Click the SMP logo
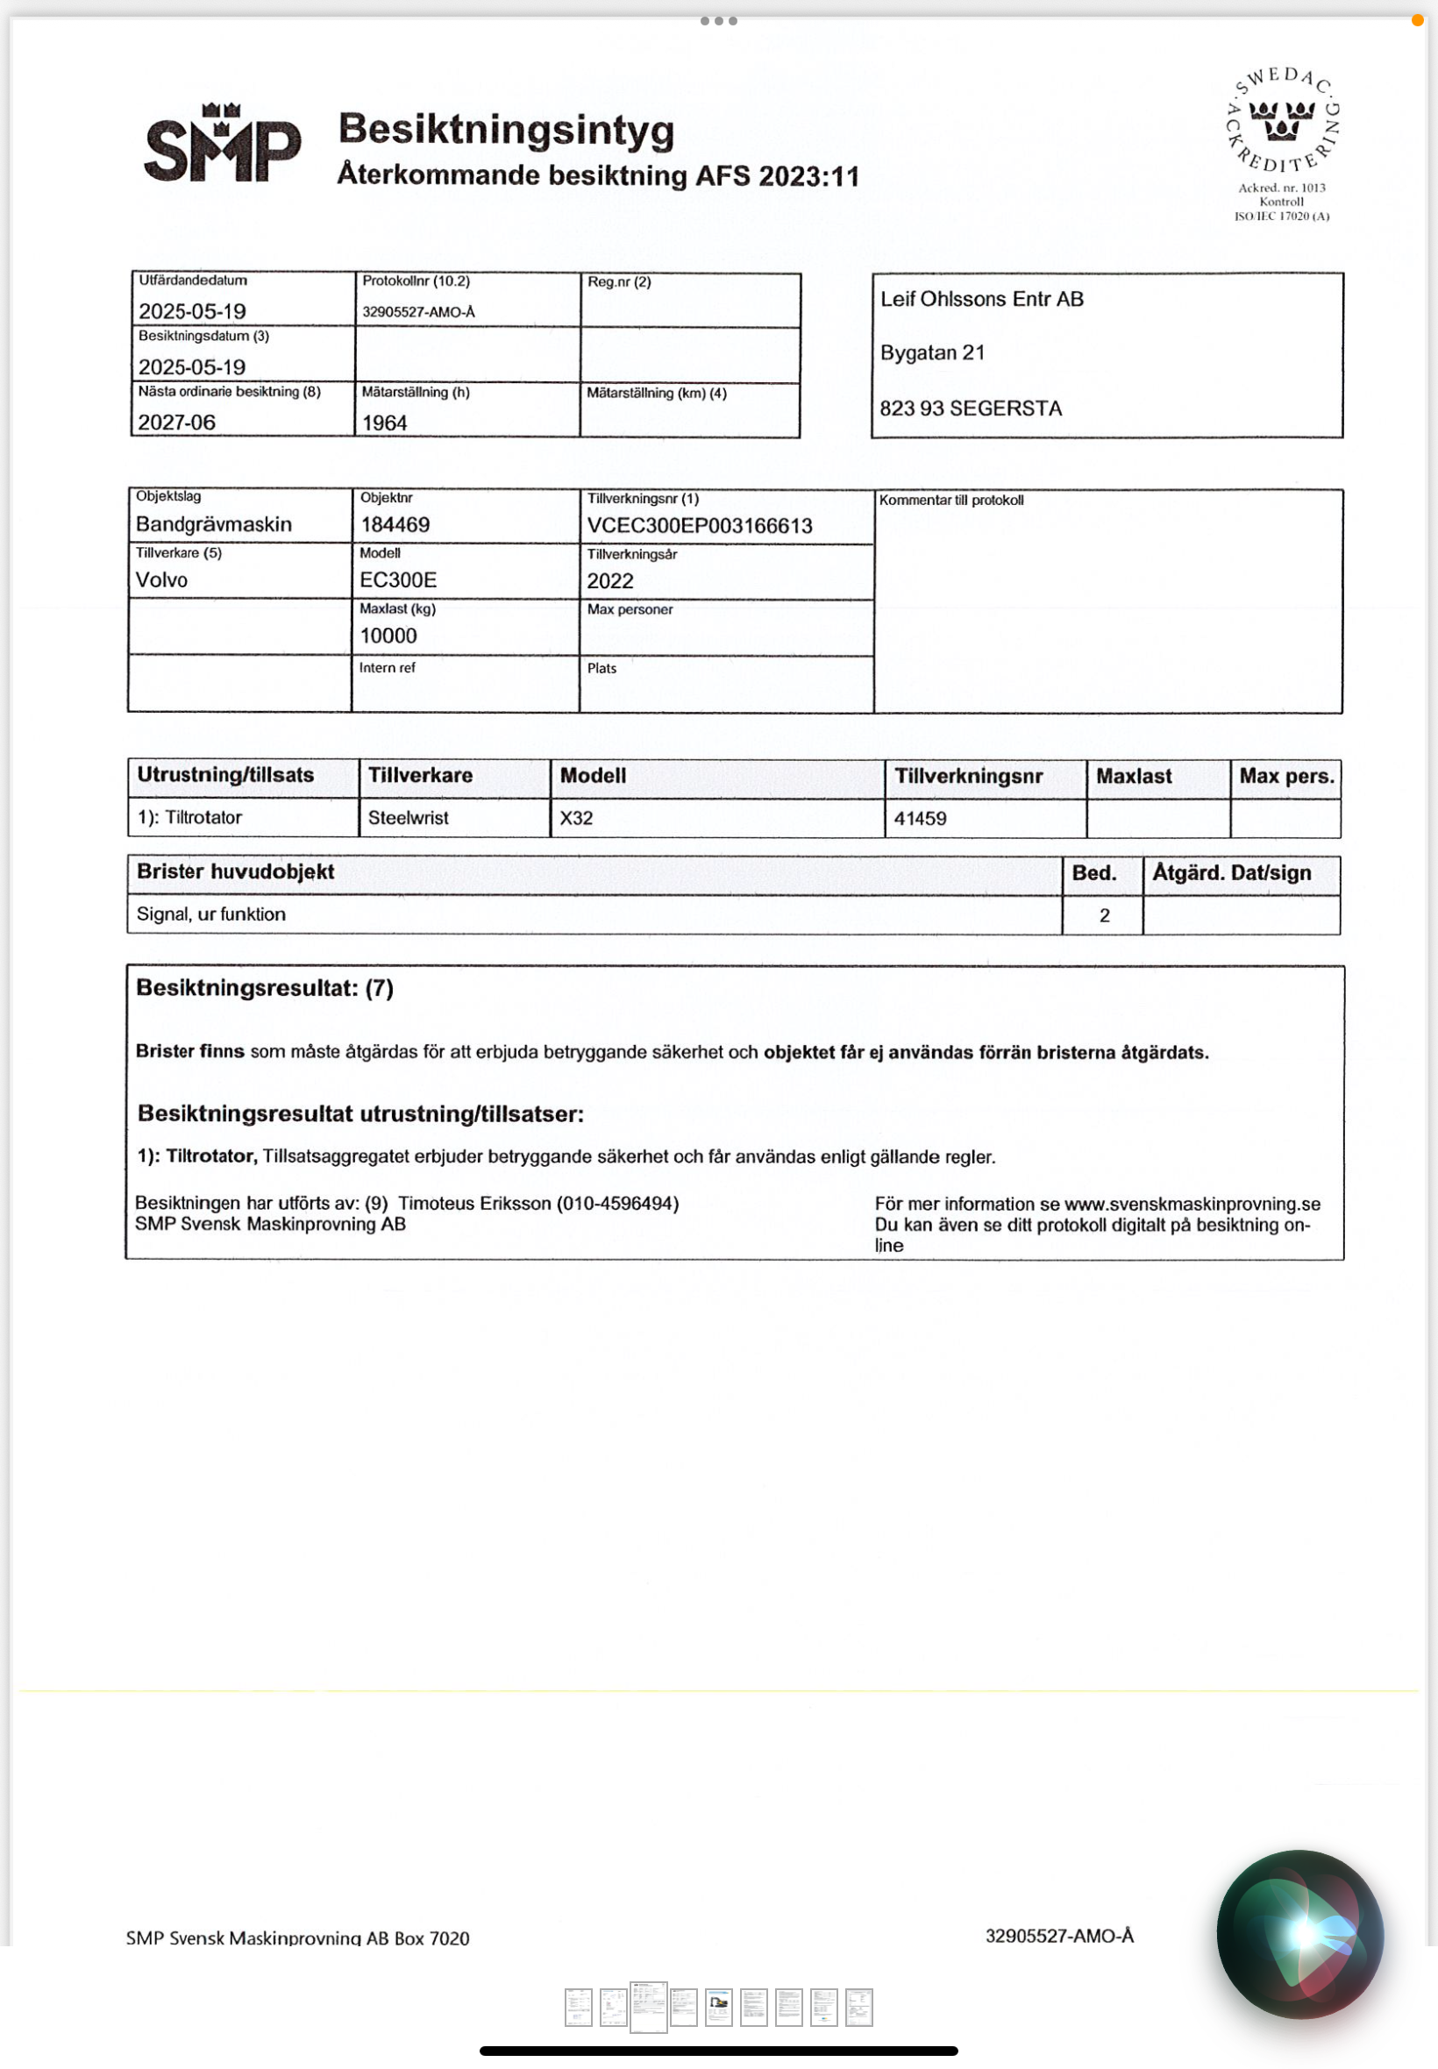(x=222, y=144)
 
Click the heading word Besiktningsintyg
(x=505, y=130)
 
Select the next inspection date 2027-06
(x=176, y=423)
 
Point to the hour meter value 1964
(x=385, y=423)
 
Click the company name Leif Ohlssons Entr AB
(x=981, y=299)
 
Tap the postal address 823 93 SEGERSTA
(x=971, y=409)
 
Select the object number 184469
(x=395, y=525)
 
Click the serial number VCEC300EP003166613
(x=699, y=526)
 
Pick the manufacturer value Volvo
(x=162, y=580)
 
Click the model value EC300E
(x=398, y=580)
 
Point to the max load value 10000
(x=388, y=636)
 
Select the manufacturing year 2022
(x=610, y=582)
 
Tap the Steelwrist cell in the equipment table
(x=408, y=818)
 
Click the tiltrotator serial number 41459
(x=920, y=819)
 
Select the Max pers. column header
(x=1285, y=777)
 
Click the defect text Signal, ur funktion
(x=210, y=914)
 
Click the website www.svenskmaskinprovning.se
(x=1192, y=1205)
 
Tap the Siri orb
(x=1299, y=1934)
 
